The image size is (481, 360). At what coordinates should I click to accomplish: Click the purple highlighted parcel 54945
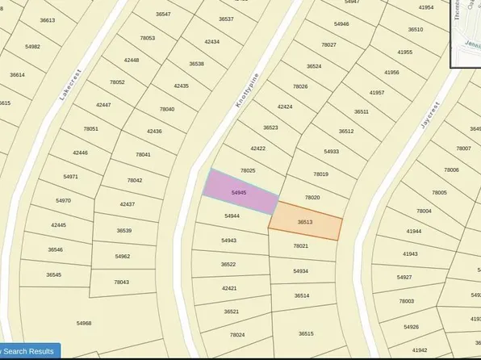tap(239, 193)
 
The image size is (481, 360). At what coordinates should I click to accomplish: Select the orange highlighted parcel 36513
tap(305, 222)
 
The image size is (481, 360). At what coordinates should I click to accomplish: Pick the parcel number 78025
tap(248, 170)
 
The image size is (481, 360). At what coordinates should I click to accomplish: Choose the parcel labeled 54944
tap(232, 216)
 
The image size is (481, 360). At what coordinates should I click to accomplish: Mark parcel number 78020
tap(312, 198)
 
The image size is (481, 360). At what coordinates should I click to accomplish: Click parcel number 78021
tap(301, 246)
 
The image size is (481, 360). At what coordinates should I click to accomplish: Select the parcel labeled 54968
tap(84, 323)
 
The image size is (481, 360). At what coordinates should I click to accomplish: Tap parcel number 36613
tap(47, 20)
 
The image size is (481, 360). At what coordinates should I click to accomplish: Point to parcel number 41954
tap(426, 7)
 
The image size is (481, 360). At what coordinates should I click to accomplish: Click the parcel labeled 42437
tap(128, 204)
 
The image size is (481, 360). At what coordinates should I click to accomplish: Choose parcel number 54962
tap(123, 256)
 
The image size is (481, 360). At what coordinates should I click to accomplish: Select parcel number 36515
tap(305, 333)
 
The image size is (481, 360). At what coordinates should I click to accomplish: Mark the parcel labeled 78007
tap(463, 149)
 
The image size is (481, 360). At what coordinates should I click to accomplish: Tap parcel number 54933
tap(332, 152)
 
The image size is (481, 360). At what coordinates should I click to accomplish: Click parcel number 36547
tap(164, 15)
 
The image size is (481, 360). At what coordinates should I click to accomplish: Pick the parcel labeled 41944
tap(413, 231)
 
